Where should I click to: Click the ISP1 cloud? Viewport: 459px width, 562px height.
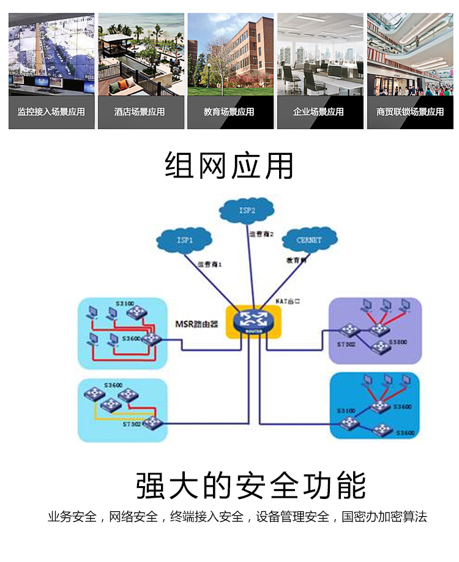tap(184, 240)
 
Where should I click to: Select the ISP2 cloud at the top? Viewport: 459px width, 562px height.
tap(246, 211)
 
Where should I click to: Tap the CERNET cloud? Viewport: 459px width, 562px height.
tap(309, 239)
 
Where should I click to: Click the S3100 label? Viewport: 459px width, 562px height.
tap(125, 303)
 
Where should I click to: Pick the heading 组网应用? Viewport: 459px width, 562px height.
tap(229, 165)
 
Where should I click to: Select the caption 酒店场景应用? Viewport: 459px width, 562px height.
tap(140, 112)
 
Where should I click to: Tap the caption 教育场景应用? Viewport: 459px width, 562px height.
tap(229, 112)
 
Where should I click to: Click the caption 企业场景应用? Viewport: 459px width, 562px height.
tap(318, 112)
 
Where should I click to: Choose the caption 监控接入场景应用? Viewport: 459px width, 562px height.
tap(51, 112)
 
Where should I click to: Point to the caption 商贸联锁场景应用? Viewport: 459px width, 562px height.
tap(410, 112)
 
